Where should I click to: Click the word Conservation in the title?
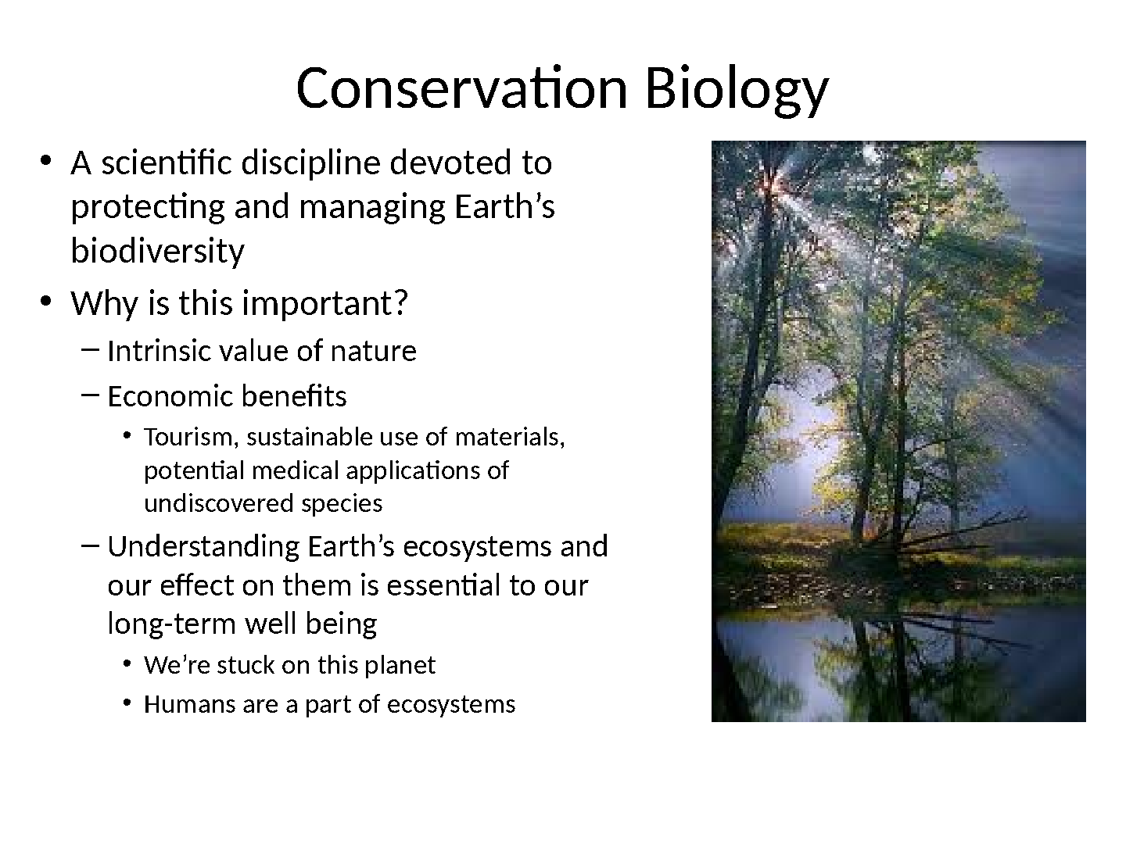point(461,88)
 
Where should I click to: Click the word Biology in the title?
point(737,91)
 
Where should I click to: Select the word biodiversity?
point(157,252)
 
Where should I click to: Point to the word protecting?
point(148,208)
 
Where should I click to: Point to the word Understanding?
point(203,547)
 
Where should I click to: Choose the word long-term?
point(172,624)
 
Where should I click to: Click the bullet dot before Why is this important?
point(45,302)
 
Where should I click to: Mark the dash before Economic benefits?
point(90,395)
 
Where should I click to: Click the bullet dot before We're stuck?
point(127,664)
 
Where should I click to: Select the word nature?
point(373,352)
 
